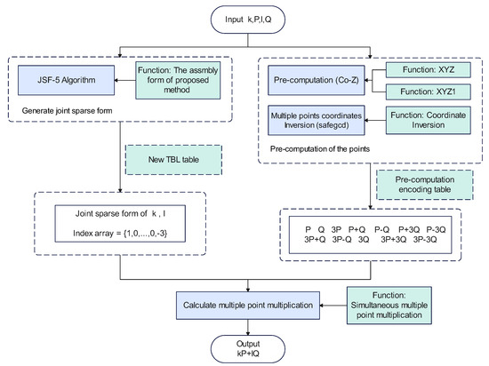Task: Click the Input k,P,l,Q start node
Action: [x=244, y=18]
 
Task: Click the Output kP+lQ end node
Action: [x=244, y=348]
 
